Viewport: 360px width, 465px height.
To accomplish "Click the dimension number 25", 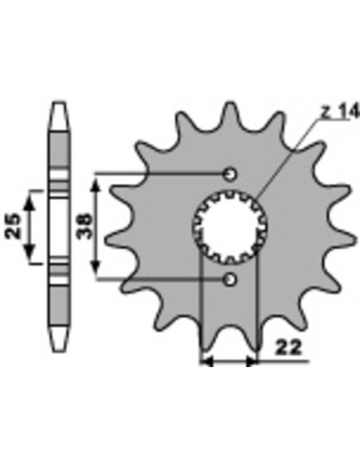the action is [x=14, y=226].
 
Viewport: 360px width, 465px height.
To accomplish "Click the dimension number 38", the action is [x=84, y=226].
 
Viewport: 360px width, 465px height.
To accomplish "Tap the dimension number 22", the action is [x=288, y=348].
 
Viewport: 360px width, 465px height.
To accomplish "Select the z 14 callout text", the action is [x=341, y=111].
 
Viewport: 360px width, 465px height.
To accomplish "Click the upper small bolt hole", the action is [x=230, y=174].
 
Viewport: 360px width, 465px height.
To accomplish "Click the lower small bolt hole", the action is [x=230, y=279].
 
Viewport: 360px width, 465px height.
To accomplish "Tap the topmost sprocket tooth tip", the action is [x=230, y=104].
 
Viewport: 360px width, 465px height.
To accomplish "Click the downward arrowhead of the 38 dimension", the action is [x=96, y=267].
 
